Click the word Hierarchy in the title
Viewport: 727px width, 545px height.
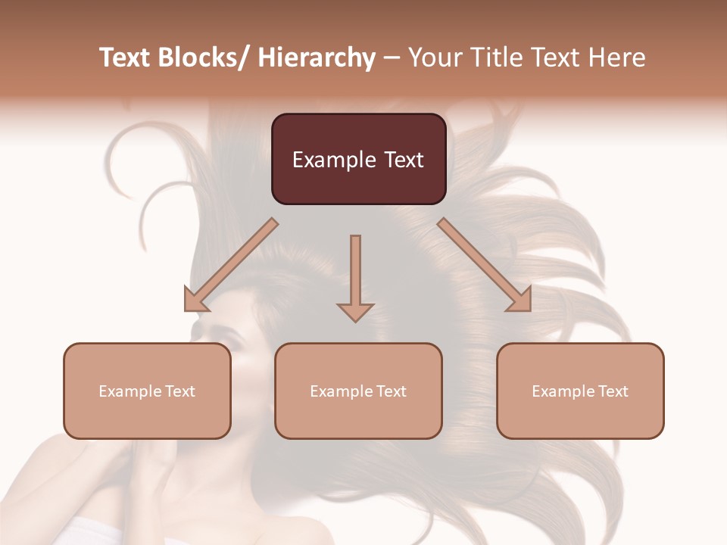click(x=317, y=58)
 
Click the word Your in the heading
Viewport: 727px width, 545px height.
click(x=433, y=58)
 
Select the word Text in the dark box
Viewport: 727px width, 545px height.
click(x=404, y=160)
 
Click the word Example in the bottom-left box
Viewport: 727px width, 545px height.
click(x=130, y=391)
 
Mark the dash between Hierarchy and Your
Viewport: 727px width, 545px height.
click(x=392, y=58)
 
